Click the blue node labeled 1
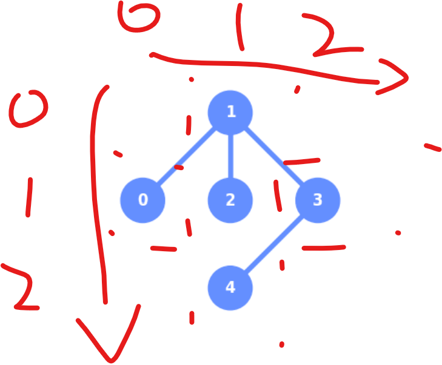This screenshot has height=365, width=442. point(230,112)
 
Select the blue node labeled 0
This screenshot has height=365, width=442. point(143,200)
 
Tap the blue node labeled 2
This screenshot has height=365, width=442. point(230,200)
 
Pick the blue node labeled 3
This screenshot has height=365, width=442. point(318,200)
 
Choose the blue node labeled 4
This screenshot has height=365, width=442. point(230,287)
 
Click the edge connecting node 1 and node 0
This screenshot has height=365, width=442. point(187,156)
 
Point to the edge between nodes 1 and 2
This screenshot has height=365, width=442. point(230,156)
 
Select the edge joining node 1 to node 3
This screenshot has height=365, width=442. point(274,156)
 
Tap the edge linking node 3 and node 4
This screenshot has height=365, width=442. point(274,243)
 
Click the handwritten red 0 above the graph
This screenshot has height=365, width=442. point(139,16)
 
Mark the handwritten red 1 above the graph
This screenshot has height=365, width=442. point(241,27)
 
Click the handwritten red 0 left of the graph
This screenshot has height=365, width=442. point(28,109)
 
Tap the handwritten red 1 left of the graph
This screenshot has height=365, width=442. point(29,197)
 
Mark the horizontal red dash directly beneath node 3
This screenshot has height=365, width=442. point(323,248)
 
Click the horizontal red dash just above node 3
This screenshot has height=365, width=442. point(301,161)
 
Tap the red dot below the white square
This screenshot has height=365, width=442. point(281,344)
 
